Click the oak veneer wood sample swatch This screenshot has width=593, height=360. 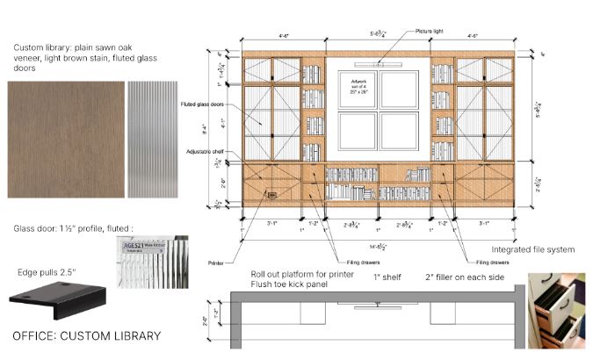[x=65, y=140]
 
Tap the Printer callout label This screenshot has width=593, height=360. [x=217, y=262]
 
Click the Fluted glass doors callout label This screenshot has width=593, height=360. [x=201, y=104]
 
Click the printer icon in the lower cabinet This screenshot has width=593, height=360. [x=271, y=196]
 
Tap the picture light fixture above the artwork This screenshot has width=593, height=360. [x=378, y=63]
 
